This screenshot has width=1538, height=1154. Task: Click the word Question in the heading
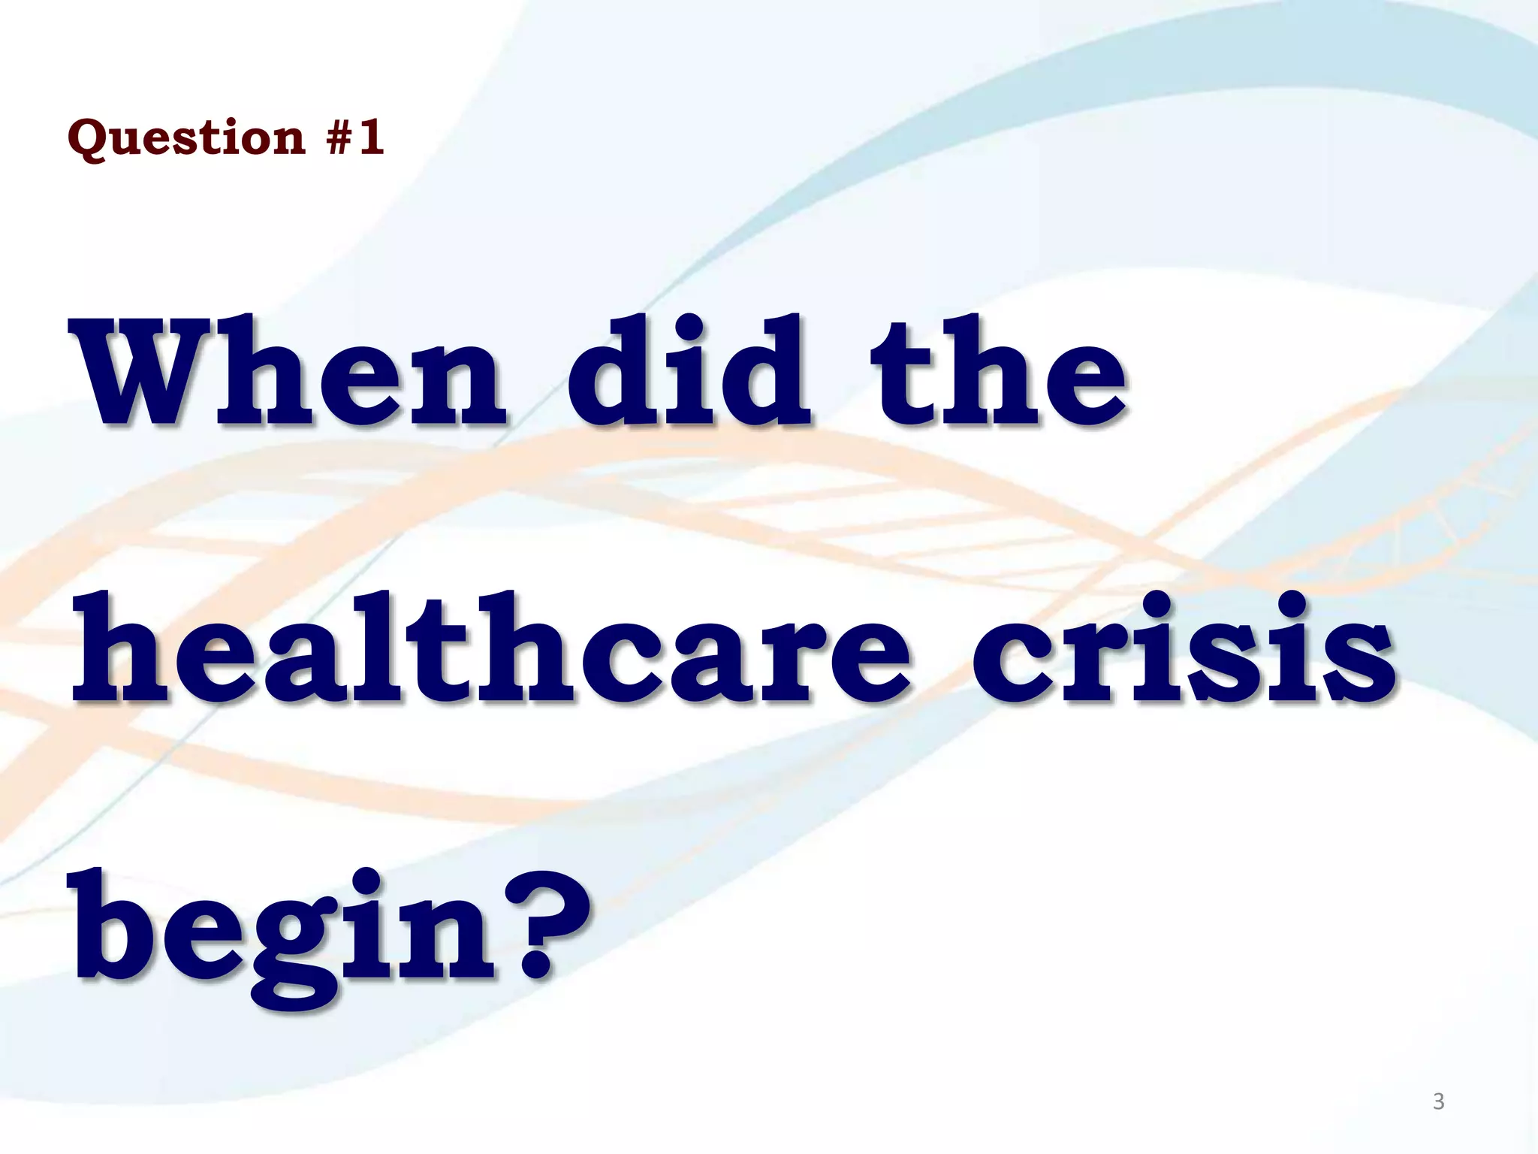pos(186,139)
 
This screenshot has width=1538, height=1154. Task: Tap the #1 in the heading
pos(356,137)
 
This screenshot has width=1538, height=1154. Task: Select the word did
pos(688,372)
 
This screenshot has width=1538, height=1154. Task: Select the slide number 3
pos(1438,1101)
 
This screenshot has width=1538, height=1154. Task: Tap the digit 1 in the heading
pos(371,137)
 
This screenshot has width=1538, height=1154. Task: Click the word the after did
pos(999,372)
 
